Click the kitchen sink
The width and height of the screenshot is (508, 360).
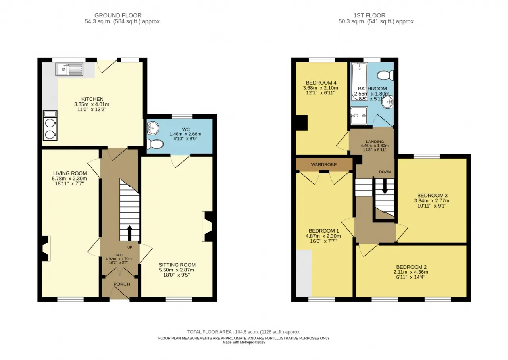[x=69, y=69]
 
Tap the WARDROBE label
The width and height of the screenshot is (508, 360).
[x=323, y=164]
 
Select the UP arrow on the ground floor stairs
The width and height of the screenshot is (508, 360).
[x=129, y=233]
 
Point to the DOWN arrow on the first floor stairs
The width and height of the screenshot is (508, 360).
[x=385, y=186]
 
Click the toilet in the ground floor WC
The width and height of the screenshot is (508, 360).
[x=155, y=144]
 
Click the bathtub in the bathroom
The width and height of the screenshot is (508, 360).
[x=359, y=82]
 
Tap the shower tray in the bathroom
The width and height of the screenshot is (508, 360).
[x=359, y=116]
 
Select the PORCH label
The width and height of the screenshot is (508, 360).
[x=122, y=284]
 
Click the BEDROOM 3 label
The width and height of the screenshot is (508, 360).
[x=432, y=196]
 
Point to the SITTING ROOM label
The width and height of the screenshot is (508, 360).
[x=177, y=265]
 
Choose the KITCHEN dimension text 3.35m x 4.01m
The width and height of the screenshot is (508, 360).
[x=92, y=104]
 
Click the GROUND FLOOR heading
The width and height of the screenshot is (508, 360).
[x=118, y=15]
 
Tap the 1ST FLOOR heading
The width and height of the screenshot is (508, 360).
[x=369, y=15]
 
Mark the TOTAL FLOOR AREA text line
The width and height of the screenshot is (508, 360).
[x=244, y=332]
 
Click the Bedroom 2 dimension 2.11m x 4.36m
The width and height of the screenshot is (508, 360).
[x=411, y=272]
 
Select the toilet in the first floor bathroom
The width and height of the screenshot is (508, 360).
[x=385, y=75]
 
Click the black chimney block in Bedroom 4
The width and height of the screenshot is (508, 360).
[x=302, y=123]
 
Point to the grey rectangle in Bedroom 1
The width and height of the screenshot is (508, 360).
[x=304, y=273]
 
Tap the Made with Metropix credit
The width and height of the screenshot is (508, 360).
[x=244, y=342]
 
